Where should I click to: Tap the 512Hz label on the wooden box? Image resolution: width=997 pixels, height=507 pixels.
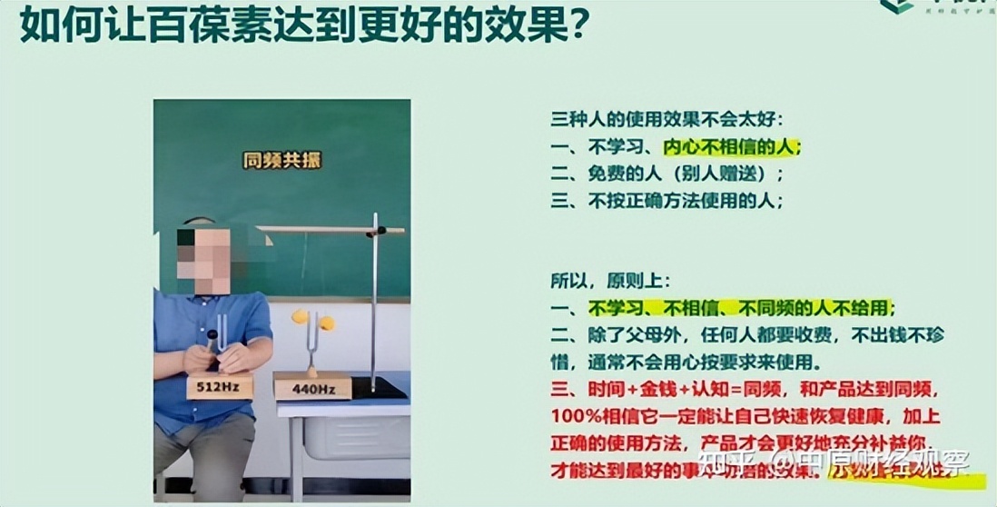tap(219, 388)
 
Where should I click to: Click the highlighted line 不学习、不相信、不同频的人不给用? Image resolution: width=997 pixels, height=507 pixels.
tap(740, 307)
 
